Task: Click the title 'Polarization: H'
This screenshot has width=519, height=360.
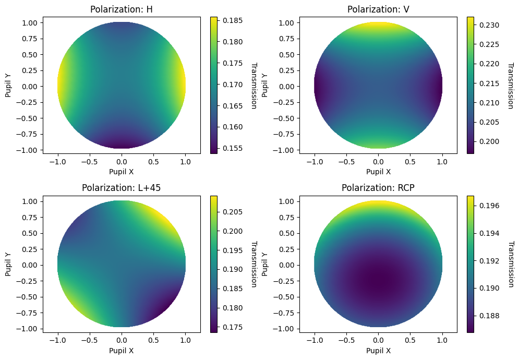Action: (122, 9)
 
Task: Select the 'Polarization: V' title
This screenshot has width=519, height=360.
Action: (378, 9)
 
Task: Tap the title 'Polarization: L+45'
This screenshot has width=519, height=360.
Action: (122, 188)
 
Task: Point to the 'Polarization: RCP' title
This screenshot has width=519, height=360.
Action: (378, 188)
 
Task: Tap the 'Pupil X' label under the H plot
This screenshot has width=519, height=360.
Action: (122, 171)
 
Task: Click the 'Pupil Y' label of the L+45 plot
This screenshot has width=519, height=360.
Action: (8, 264)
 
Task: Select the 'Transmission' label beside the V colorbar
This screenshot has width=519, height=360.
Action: (511, 86)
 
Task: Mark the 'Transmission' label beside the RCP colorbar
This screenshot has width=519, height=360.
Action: (511, 264)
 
